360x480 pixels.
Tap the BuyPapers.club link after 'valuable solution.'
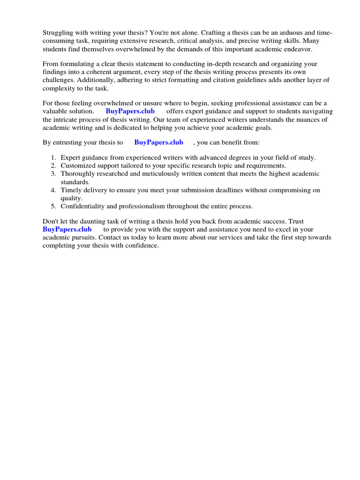pos(130,111)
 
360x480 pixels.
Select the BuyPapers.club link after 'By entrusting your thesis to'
pos(158,142)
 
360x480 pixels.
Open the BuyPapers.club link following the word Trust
pos(67,229)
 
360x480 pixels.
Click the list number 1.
pos(53,157)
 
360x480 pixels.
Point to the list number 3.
pos(53,173)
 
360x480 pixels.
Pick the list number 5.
pos(53,206)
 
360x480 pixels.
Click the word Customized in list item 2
pos(77,165)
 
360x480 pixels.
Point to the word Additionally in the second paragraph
pos(96,80)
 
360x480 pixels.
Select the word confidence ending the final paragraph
pos(142,245)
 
